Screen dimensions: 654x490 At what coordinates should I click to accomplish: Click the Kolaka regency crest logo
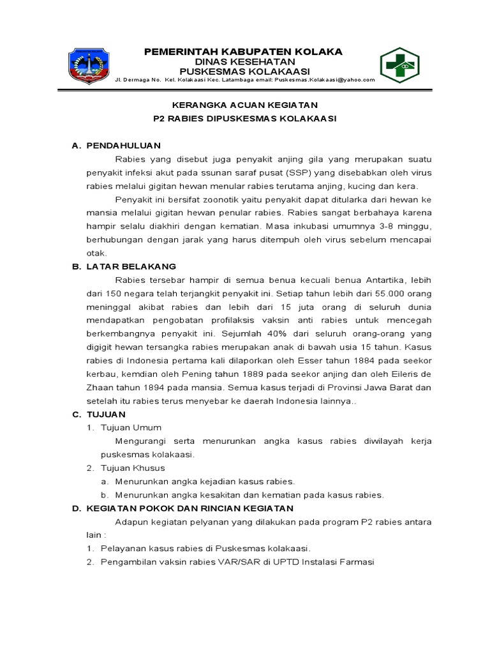pos(89,65)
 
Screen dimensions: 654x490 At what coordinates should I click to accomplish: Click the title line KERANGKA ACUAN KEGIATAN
pos(244,105)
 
